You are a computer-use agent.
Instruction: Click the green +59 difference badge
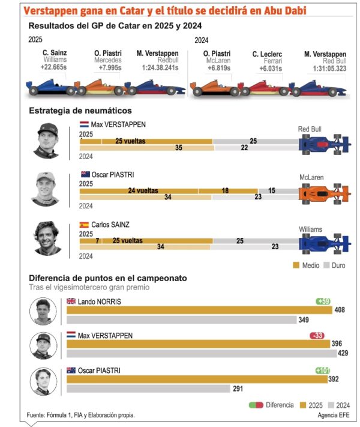tap(323, 301)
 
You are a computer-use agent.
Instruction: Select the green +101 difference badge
tap(323, 371)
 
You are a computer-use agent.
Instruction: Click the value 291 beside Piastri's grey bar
tap(238, 389)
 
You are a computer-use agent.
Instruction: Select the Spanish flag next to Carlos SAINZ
tap(84, 225)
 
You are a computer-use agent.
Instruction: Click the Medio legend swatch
tap(296, 265)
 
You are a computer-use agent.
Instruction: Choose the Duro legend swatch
tap(327, 265)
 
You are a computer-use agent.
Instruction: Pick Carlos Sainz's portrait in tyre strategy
tap(47, 238)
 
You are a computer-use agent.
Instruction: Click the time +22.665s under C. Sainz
tap(53, 67)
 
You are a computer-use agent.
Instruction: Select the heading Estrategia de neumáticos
tap(80, 111)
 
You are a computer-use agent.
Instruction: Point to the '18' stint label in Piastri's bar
tap(225, 190)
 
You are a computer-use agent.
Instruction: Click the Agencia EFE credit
tap(335, 415)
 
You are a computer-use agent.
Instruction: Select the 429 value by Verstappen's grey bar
tap(343, 354)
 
